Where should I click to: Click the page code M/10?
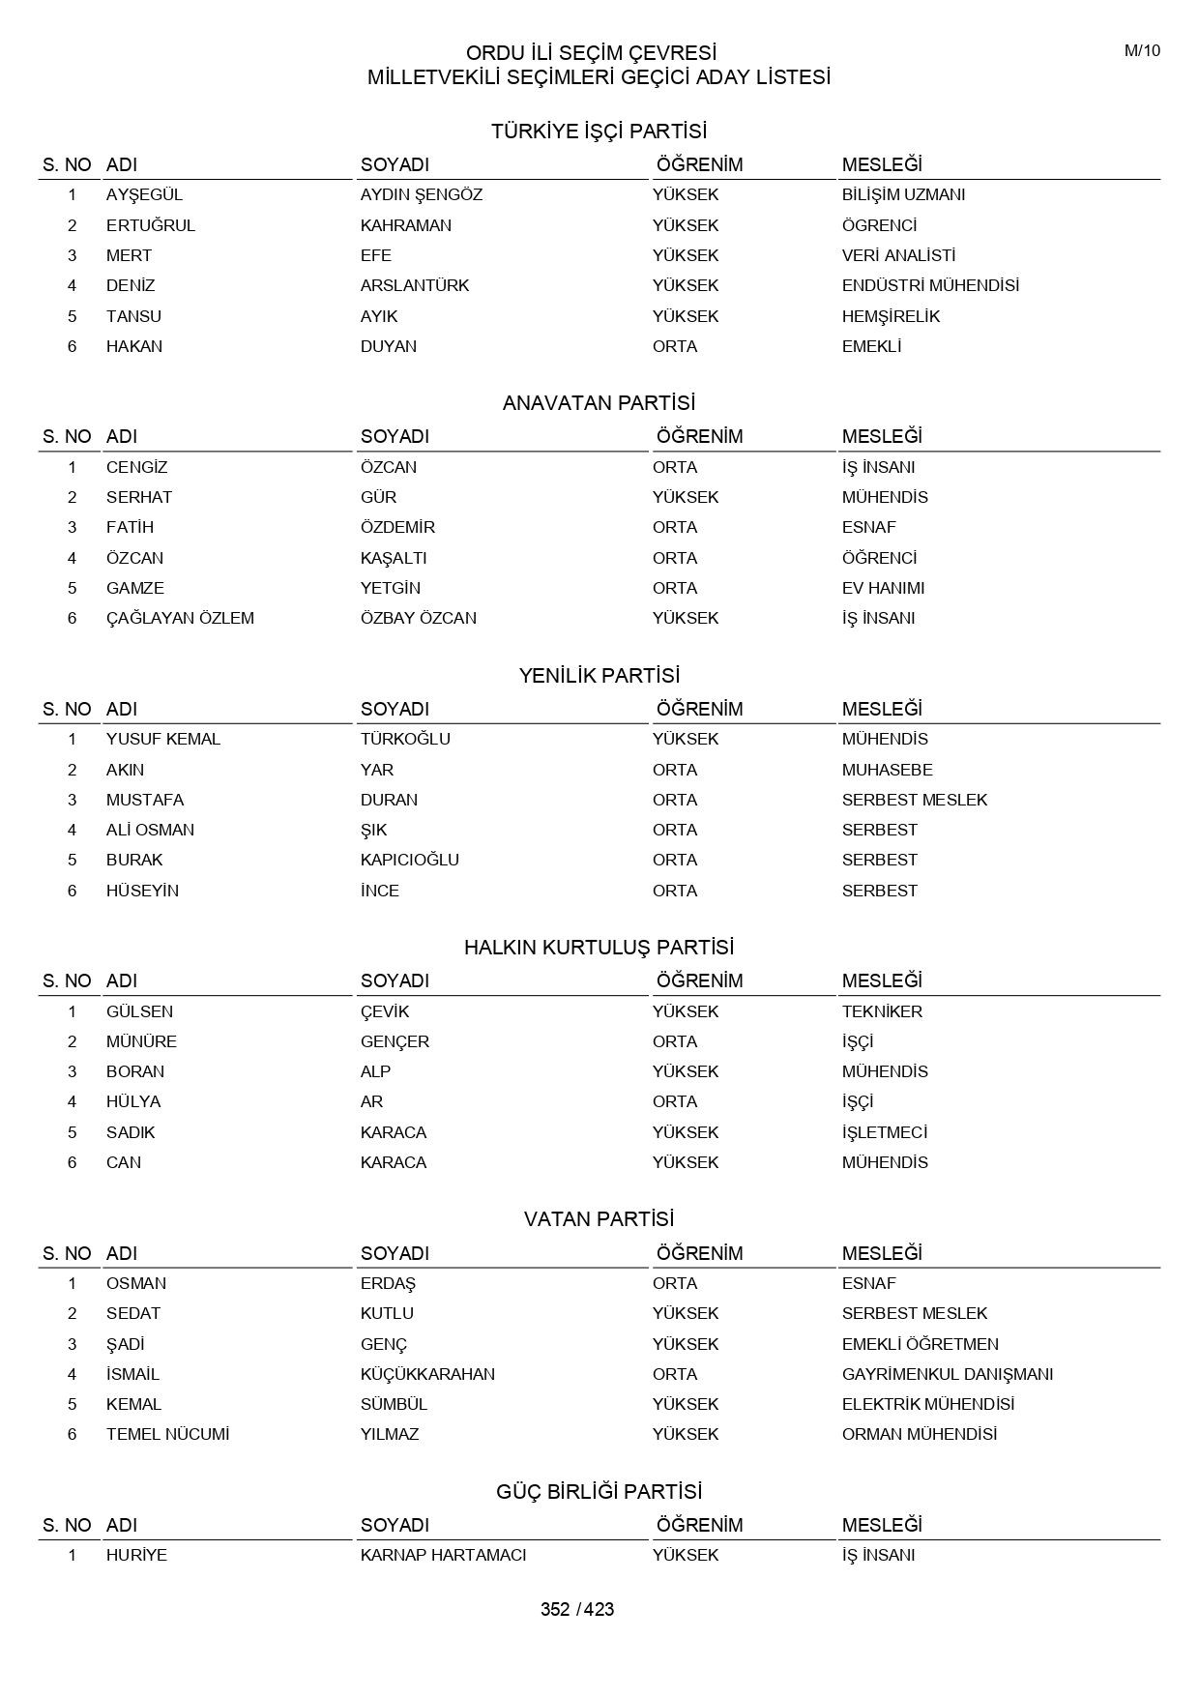1142,51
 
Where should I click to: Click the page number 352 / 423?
577,1609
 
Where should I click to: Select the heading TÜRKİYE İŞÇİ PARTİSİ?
599,131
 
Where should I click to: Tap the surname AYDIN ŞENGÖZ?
421,194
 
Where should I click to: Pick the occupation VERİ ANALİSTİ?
898,255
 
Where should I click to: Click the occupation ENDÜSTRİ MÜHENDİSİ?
930,285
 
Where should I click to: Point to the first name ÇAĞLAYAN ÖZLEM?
180,618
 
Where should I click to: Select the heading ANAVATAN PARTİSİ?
599,403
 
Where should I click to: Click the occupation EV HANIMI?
883,588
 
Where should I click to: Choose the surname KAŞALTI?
394,558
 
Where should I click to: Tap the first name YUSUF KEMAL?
163,739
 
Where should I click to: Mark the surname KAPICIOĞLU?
410,860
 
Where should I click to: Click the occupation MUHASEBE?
887,770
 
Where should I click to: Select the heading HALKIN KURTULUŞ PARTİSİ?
599,948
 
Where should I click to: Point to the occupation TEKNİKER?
882,1011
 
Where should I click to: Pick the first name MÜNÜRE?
141,1041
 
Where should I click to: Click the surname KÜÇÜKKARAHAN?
427,1374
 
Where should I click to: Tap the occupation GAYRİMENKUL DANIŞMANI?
948,1374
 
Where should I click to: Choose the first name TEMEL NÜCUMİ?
167,1434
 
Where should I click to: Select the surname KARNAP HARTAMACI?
443,1555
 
